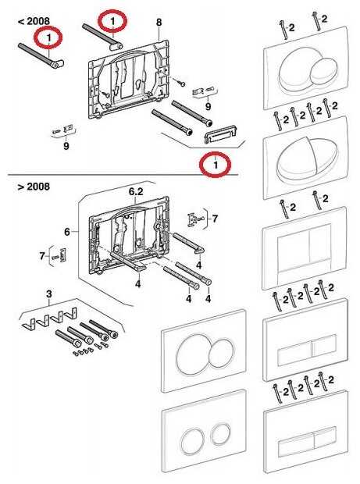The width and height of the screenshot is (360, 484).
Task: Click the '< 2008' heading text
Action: [34, 21]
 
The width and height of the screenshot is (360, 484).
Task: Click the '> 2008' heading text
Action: [34, 187]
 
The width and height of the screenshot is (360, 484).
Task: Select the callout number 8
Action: [159, 22]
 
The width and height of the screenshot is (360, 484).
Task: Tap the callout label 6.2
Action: [136, 192]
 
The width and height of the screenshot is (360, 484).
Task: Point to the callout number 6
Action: [67, 232]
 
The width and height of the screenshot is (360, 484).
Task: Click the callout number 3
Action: [49, 294]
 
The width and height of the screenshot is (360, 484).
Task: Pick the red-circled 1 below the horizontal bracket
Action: [216, 165]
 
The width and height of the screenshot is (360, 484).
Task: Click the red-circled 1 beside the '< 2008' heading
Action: [48, 37]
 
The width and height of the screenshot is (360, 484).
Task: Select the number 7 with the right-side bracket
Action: [215, 219]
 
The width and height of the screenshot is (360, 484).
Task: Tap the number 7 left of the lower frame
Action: [42, 255]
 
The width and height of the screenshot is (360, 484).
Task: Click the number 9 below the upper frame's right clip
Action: [208, 106]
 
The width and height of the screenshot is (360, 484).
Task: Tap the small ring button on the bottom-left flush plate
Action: [221, 433]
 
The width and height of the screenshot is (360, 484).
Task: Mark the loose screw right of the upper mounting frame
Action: [180, 82]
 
